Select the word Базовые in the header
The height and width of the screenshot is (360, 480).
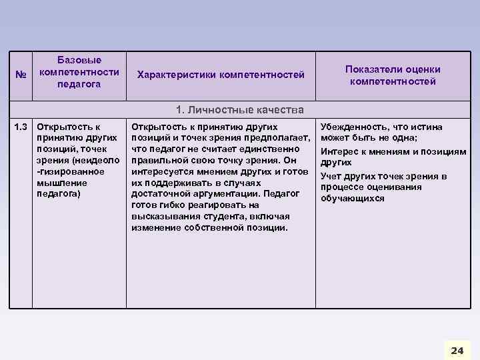(79, 61)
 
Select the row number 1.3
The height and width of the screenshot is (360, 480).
(22, 127)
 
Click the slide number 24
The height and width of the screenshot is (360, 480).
(457, 350)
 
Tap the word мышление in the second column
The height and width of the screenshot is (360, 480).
(61, 183)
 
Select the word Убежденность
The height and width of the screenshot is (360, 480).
(353, 127)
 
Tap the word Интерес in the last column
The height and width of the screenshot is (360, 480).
(341, 151)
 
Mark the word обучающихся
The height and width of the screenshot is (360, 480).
(353, 199)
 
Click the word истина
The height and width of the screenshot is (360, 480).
(427, 127)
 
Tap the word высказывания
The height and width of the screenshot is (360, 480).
(162, 217)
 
